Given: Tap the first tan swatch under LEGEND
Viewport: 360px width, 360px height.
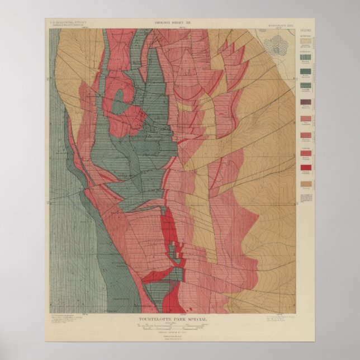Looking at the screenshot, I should click(x=306, y=40).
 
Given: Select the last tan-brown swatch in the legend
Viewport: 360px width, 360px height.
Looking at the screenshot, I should click(x=306, y=184).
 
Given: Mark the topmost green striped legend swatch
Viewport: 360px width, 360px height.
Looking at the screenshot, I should click(x=306, y=55).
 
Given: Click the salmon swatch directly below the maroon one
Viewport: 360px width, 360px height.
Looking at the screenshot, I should click(x=306, y=119).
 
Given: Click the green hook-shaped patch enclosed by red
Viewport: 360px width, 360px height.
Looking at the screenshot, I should click(x=120, y=103).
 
